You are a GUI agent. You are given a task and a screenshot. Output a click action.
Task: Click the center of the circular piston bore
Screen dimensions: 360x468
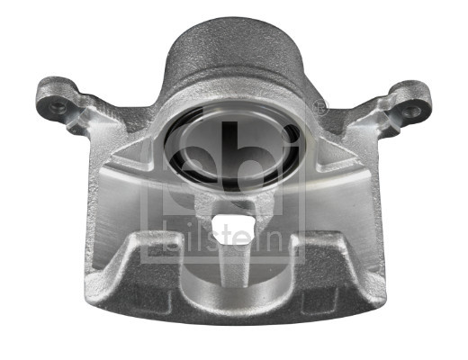click(x=233, y=145)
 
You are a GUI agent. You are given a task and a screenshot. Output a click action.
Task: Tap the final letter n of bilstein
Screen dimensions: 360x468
click(x=300, y=241)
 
